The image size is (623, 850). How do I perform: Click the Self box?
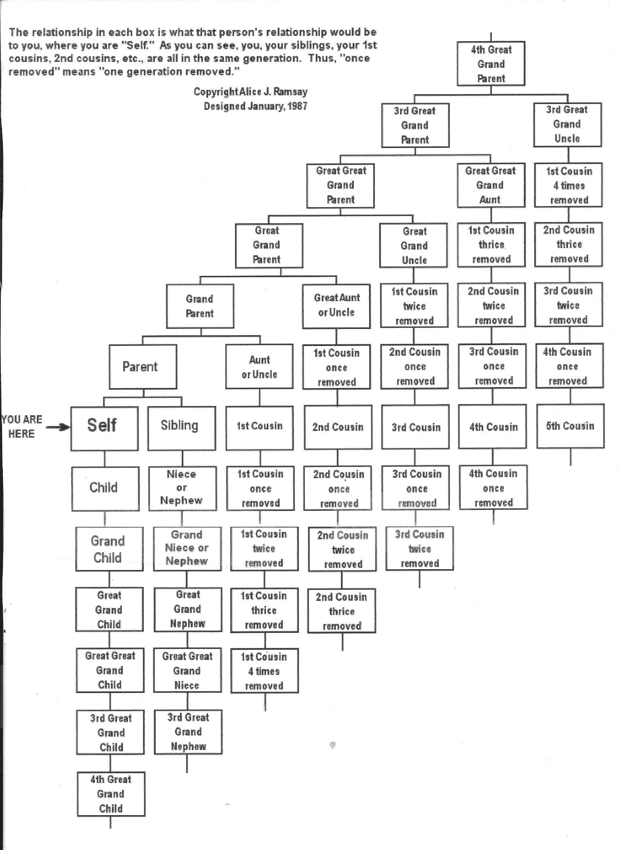[x=104, y=428]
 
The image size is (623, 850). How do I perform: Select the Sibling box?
[x=181, y=428]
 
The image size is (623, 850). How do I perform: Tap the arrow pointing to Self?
[x=58, y=427]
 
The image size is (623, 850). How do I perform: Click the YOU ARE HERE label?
[x=22, y=426]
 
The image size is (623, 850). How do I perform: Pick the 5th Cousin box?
[x=570, y=426]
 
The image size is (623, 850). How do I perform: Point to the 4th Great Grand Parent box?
[x=491, y=64]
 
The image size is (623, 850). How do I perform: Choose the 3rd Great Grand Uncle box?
[x=568, y=124]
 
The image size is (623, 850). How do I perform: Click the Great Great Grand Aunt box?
[x=491, y=185]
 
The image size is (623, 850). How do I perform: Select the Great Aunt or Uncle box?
[x=336, y=305]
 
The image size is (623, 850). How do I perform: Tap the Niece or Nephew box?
[x=182, y=488]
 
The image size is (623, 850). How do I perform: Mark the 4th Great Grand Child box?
[x=111, y=794]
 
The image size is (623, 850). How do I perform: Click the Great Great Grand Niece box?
[x=187, y=670]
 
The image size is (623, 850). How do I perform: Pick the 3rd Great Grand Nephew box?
[x=188, y=732]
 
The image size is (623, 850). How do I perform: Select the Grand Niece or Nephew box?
[x=187, y=549]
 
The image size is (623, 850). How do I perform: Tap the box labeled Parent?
[x=143, y=367]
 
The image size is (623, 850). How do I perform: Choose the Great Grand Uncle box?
[x=413, y=245]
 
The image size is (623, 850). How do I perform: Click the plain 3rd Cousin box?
[x=415, y=427]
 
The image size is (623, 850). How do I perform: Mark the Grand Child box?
[x=109, y=549]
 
